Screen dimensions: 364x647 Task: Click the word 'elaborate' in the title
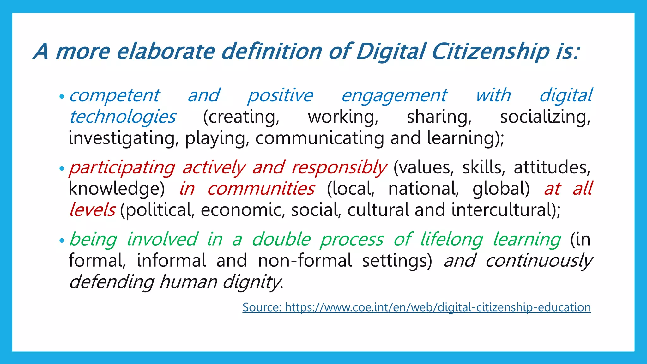point(166,51)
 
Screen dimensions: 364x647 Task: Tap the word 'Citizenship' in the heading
point(490,51)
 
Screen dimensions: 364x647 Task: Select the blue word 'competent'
point(114,96)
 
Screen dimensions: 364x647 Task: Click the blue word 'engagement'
point(394,96)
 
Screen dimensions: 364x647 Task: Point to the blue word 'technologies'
point(123,117)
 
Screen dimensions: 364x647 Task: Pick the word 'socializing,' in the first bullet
point(545,117)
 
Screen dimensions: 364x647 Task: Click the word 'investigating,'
point(124,138)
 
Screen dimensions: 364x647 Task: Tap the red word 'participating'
point(122,167)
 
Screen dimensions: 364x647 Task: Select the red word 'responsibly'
point(339,167)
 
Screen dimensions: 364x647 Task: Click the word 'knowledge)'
point(117,189)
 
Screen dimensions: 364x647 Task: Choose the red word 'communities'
point(261,189)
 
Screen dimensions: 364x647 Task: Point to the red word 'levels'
point(92,210)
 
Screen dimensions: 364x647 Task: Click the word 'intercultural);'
point(506,210)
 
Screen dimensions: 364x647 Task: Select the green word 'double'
point(281,239)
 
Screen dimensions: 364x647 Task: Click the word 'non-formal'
point(305,261)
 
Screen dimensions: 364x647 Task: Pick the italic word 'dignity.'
point(253,282)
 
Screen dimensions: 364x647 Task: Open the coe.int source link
point(416,307)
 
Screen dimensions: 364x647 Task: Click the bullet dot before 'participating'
point(62,168)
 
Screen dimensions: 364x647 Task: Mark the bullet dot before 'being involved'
point(62,240)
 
